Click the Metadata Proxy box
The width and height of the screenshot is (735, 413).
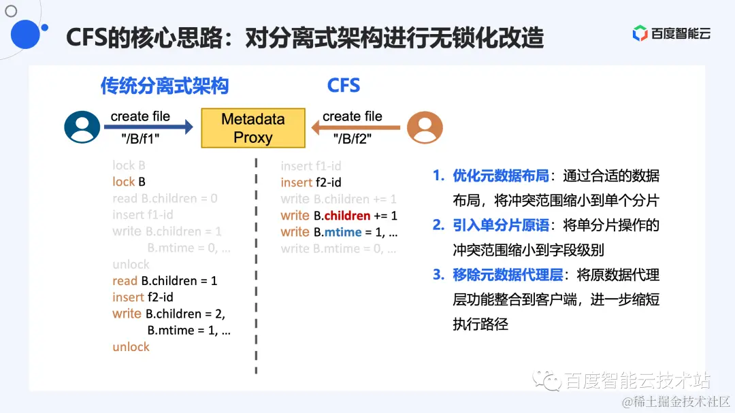[x=252, y=128]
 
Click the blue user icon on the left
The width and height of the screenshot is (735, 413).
[x=82, y=127]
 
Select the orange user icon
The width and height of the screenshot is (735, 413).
[x=425, y=127]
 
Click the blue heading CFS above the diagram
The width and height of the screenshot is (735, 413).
[x=343, y=86]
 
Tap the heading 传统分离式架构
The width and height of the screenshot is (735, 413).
[x=165, y=86]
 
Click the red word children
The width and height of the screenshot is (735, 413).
[x=347, y=216]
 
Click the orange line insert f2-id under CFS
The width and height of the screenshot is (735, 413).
[x=311, y=182]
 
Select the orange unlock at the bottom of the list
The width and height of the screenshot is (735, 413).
[x=131, y=347]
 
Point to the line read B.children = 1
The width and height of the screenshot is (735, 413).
[x=165, y=281]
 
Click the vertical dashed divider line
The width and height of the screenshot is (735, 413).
[x=256, y=272]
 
